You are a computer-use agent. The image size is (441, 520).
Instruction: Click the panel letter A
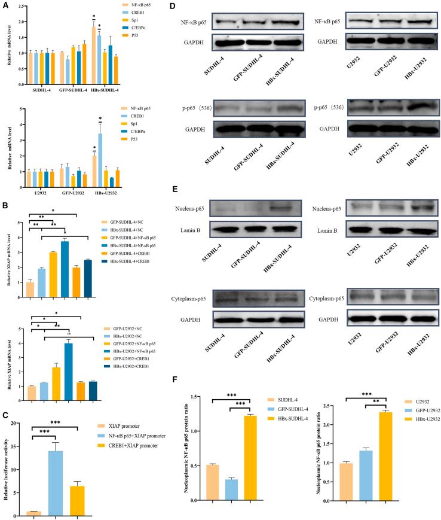tap(6, 5)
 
